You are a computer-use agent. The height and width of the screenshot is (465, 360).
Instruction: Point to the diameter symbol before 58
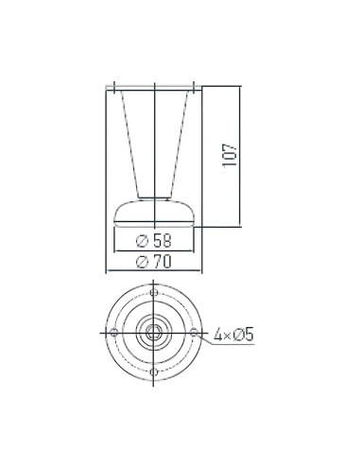143,240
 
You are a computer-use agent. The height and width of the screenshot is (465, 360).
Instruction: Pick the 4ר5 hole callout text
232,334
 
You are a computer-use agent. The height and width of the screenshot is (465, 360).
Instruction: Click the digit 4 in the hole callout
218,334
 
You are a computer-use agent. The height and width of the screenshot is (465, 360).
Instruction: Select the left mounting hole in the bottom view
112,332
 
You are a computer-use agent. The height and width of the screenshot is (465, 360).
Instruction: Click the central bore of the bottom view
152,332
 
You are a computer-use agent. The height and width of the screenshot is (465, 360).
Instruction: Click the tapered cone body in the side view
152,142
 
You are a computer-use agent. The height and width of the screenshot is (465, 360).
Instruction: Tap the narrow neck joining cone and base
152,196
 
